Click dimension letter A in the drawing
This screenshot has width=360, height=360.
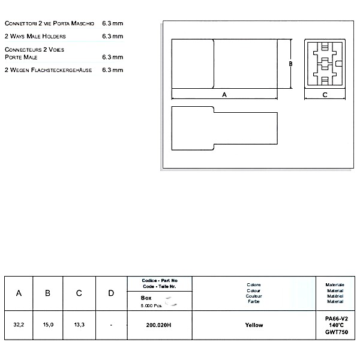(x=224, y=95)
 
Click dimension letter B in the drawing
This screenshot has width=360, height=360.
(x=290, y=64)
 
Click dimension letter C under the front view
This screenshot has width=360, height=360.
(x=325, y=95)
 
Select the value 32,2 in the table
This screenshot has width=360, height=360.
(x=19, y=325)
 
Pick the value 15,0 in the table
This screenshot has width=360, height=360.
(x=49, y=325)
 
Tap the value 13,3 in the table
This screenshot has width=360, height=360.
(x=79, y=325)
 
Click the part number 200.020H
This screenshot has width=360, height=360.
(x=159, y=325)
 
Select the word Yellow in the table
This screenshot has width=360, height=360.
(x=254, y=325)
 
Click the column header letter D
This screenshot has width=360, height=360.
(x=111, y=293)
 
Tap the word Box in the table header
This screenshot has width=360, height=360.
(x=146, y=297)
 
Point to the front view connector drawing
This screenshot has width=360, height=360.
(x=325, y=64)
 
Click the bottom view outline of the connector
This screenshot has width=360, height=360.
(x=224, y=127)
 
